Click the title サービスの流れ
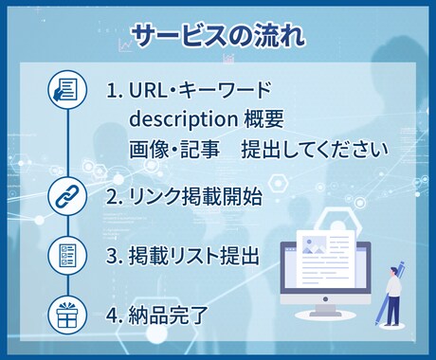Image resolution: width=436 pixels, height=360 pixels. pos(218,37)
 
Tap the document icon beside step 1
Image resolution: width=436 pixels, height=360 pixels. pos(65,91)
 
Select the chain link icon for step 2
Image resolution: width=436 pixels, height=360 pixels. pos(65,196)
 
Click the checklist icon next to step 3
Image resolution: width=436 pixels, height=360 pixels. pos(65,256)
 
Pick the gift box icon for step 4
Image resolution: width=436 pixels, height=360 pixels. pos(65,315)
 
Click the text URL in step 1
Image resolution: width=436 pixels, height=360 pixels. pos(150,91)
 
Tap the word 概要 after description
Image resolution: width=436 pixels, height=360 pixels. pos(266,120)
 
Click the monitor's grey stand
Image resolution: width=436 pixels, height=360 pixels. pos(325,306)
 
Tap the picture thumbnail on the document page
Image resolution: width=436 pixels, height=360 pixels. pos(314,245)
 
